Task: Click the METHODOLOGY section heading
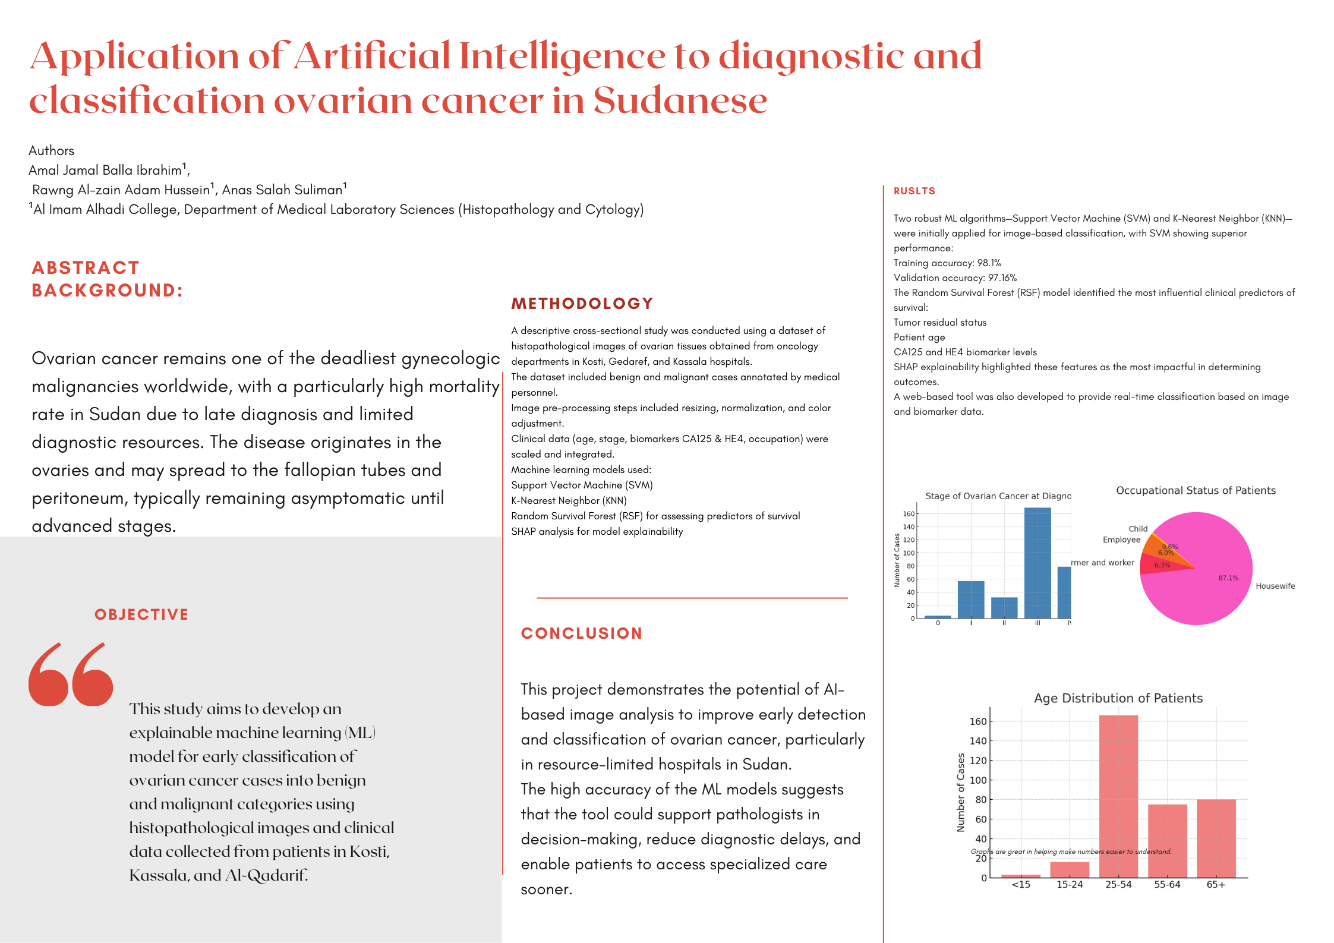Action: tap(582, 304)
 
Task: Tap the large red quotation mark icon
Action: tap(71, 674)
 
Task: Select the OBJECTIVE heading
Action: tap(141, 614)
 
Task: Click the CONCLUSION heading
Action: tap(581, 633)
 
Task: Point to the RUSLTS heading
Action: tap(914, 191)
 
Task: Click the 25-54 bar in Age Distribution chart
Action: tap(1118, 796)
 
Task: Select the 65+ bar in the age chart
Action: tap(1216, 838)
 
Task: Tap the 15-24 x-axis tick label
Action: tap(1070, 885)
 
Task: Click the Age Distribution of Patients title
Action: tap(1118, 698)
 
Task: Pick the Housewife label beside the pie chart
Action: tap(1275, 586)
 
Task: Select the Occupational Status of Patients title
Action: tap(1196, 490)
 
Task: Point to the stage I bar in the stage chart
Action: tap(971, 600)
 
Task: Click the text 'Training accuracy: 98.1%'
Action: tap(947, 263)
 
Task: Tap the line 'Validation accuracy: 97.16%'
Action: tap(955, 277)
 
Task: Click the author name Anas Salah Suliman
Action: tap(282, 190)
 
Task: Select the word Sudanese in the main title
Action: tap(680, 100)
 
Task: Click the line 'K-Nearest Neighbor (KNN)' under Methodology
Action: tap(569, 500)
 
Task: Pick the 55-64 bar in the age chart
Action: tap(1167, 840)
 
